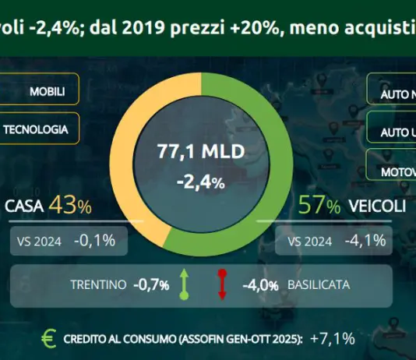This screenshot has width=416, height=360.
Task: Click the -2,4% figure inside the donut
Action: pyautogui.click(x=201, y=183)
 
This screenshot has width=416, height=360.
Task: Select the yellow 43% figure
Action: pyautogui.click(x=70, y=206)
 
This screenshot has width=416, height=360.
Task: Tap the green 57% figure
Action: pyautogui.click(x=320, y=207)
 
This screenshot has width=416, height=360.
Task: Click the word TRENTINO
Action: pyautogui.click(x=97, y=285)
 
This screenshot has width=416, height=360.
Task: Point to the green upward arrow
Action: pyautogui.click(x=185, y=284)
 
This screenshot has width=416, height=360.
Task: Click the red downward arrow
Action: pyautogui.click(x=221, y=284)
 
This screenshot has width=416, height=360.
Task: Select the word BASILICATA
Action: pyautogui.click(x=316, y=285)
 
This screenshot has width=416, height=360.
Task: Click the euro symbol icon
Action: pyautogui.click(x=50, y=337)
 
